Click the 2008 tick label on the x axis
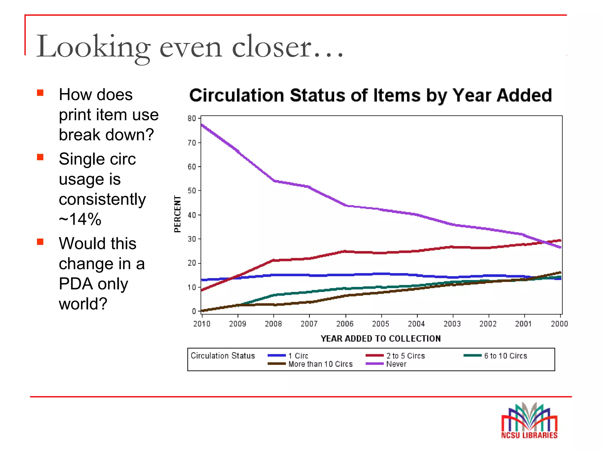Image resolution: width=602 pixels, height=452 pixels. tap(273, 324)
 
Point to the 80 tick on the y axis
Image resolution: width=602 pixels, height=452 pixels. tap(192, 118)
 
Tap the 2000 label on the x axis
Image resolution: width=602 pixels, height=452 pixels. tap(559, 324)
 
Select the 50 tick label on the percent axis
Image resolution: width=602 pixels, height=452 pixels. tap(192, 191)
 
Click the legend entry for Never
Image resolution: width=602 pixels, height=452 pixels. tap(396, 364)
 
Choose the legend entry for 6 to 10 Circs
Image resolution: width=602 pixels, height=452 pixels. tap(505, 356)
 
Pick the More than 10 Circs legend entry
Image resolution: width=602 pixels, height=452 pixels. tap(320, 364)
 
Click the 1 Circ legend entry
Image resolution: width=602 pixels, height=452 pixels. tap(298, 356)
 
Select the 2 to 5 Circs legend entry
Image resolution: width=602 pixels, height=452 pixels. tap(405, 356)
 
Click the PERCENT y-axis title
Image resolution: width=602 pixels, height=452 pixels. tap(177, 214)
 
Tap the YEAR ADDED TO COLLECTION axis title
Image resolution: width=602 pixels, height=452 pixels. tap(381, 339)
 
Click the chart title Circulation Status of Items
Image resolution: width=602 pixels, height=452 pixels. tap(370, 95)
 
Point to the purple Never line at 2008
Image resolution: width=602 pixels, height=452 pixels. tap(274, 181)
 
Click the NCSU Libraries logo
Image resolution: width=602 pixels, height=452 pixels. tap(529, 421)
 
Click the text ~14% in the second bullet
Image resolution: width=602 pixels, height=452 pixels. tap(80, 219)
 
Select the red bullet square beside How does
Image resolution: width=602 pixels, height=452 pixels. tap(40, 93)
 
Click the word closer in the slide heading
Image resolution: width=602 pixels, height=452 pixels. tap(271, 47)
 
